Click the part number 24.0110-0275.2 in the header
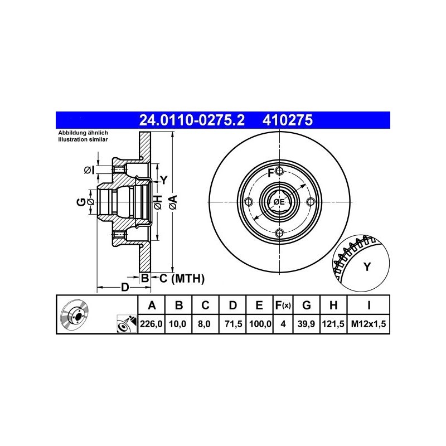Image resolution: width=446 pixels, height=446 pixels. coord(192,120)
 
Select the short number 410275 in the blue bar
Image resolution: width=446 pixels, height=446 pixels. coord(288,120)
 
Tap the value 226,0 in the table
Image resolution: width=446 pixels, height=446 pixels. coord(151,324)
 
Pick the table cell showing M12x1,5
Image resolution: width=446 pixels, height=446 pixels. coord(369,324)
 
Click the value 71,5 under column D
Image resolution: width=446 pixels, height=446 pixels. coord(233,324)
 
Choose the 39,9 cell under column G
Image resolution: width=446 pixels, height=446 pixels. coord(306,324)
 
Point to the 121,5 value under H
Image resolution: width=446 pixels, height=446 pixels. coord(333,324)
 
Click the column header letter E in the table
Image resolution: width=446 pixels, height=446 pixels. coord(259,305)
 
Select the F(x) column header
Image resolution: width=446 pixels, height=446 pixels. coord(283,305)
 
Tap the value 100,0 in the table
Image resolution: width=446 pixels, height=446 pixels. coord(260,324)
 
